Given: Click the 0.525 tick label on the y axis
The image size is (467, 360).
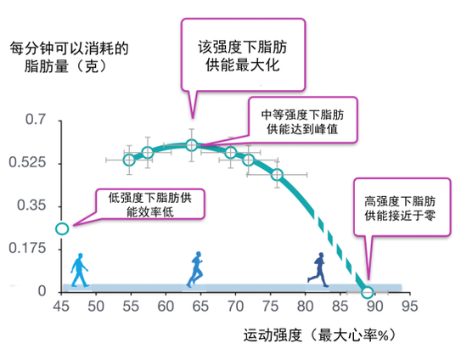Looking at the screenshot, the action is coord(27,162).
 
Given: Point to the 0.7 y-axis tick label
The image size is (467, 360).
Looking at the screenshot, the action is coord(36,120).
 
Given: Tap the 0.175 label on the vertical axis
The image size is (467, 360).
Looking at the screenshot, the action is coord(27,248).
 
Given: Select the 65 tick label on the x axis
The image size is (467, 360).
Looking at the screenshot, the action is coord(200,307).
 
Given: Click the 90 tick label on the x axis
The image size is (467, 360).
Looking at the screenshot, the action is coord(374,307).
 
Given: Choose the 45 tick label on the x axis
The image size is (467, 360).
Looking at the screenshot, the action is coord(61,307).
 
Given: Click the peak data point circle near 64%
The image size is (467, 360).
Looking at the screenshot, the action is coord(192,145).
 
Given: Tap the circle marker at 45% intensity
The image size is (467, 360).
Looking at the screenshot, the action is coord(62,228).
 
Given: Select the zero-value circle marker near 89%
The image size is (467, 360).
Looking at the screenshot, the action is coord(367,292).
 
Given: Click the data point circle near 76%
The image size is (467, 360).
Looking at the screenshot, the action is coord(277,175).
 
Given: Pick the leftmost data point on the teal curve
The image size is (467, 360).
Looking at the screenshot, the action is coord(129,160).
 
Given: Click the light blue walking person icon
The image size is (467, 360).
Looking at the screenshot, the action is coord(80,270).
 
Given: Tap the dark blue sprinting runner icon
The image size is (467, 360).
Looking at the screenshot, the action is coord(318,269).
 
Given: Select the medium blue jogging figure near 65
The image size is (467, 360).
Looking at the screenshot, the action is coord(195,269).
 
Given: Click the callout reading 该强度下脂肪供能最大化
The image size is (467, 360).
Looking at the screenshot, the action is coord(243,55).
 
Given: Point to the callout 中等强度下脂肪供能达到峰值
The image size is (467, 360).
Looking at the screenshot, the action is coord(302,120).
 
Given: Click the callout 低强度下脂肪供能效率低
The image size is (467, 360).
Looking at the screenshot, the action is coord(149,205).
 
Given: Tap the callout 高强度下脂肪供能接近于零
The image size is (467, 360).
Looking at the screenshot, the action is coord(402,207).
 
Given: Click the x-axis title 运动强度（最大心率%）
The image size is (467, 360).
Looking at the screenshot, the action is coord(319,335).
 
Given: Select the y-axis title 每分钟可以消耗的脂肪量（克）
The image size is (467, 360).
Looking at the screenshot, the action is coord(69,57).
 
